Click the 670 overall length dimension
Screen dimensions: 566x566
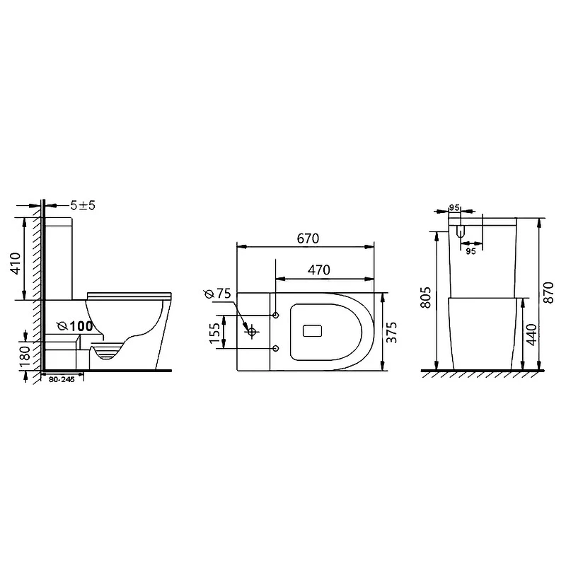point(308,238)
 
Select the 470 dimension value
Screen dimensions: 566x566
point(319,270)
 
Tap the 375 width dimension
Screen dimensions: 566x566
point(391,332)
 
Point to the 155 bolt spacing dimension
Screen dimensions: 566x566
point(215,333)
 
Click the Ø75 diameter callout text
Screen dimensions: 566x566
point(218,294)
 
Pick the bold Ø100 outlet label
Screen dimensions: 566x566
point(76,326)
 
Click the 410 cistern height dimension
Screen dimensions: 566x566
point(16,263)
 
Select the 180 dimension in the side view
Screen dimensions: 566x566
point(25,357)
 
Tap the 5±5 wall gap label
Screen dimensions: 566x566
point(83,205)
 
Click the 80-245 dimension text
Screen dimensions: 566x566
point(62,380)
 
